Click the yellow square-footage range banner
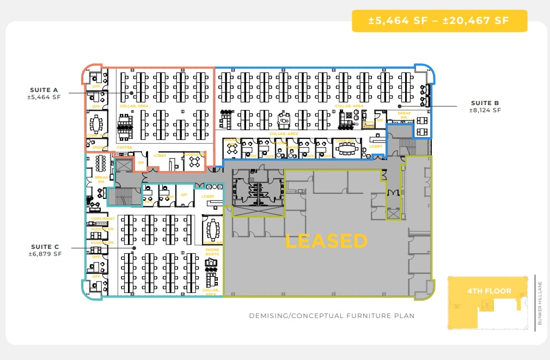tap(439, 21)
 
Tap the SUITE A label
tap(44, 90)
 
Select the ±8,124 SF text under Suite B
tap(485, 110)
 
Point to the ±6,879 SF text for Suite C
tap(45, 254)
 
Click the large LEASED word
tap(326, 241)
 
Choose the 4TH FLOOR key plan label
tap(489, 291)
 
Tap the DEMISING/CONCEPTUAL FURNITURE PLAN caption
tap(332, 316)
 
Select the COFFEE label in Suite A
tap(124, 148)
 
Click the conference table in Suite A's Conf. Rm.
tap(97, 124)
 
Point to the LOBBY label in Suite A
tap(160, 156)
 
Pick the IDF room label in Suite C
tap(184, 194)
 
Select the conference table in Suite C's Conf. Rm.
tap(212, 231)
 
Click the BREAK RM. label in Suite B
tap(404, 115)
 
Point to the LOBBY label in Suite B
tap(376, 146)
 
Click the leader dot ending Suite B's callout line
tap(399, 106)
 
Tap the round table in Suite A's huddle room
tap(194, 162)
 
